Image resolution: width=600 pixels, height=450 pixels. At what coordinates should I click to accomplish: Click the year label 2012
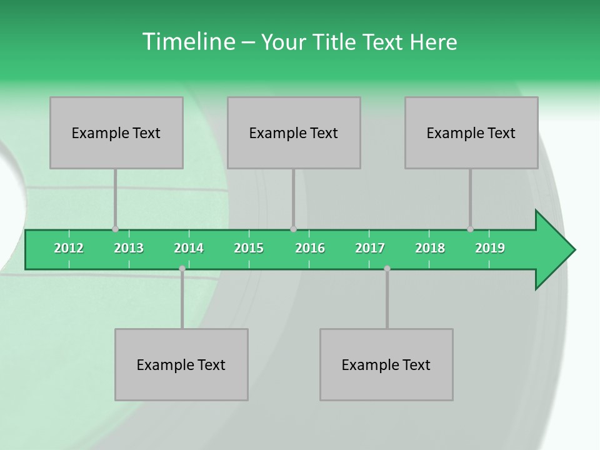pyautogui.click(x=69, y=248)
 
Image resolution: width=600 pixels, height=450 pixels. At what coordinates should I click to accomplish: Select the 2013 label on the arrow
pyautogui.click(x=129, y=248)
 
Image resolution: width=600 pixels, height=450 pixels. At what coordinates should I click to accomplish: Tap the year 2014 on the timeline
pyautogui.click(x=189, y=248)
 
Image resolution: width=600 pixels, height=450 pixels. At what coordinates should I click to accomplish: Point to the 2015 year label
pyautogui.click(x=249, y=248)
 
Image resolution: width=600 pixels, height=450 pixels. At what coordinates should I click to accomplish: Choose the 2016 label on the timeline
pyautogui.click(x=310, y=248)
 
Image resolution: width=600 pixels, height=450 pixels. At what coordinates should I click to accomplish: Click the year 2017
pyautogui.click(x=370, y=248)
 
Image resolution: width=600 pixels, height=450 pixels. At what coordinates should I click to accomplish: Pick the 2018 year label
pyautogui.click(x=430, y=248)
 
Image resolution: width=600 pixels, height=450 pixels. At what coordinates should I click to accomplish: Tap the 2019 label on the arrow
pyautogui.click(x=490, y=248)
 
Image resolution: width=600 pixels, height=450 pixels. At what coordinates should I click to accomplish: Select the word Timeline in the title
pyautogui.click(x=187, y=42)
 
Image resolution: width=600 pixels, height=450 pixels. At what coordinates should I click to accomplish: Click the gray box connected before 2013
pyautogui.click(x=116, y=132)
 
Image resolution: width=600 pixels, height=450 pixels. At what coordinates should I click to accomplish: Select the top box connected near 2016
pyautogui.click(x=294, y=132)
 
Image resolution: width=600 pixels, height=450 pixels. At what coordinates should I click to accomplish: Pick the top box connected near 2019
pyautogui.click(x=471, y=132)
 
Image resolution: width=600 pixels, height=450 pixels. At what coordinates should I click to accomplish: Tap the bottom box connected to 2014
pyautogui.click(x=181, y=364)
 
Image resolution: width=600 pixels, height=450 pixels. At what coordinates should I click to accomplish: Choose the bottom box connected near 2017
pyautogui.click(x=386, y=364)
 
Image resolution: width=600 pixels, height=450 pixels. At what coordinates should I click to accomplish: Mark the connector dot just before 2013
pyautogui.click(x=115, y=229)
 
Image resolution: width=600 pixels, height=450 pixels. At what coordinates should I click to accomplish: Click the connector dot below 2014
pyautogui.click(x=182, y=268)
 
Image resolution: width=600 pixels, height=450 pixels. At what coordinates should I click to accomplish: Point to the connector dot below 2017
pyautogui.click(x=387, y=268)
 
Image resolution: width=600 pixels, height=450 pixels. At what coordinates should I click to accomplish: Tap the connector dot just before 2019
pyautogui.click(x=470, y=229)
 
